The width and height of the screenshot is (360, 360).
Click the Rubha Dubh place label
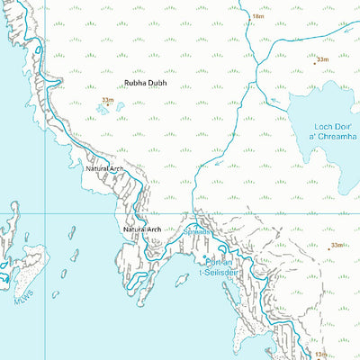click(x=146, y=84)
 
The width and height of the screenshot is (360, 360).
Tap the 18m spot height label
click(x=258, y=16)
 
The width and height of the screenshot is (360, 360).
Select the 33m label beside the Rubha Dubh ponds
click(x=108, y=100)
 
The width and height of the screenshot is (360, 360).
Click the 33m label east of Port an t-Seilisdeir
click(x=337, y=245)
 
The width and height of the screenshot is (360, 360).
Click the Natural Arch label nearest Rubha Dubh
click(x=104, y=168)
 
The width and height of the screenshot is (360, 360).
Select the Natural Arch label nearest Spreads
click(x=141, y=229)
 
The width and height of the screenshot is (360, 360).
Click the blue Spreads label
click(x=198, y=232)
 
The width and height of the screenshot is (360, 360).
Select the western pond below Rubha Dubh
click(x=101, y=109)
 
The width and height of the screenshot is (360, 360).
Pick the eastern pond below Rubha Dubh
click(x=119, y=106)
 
